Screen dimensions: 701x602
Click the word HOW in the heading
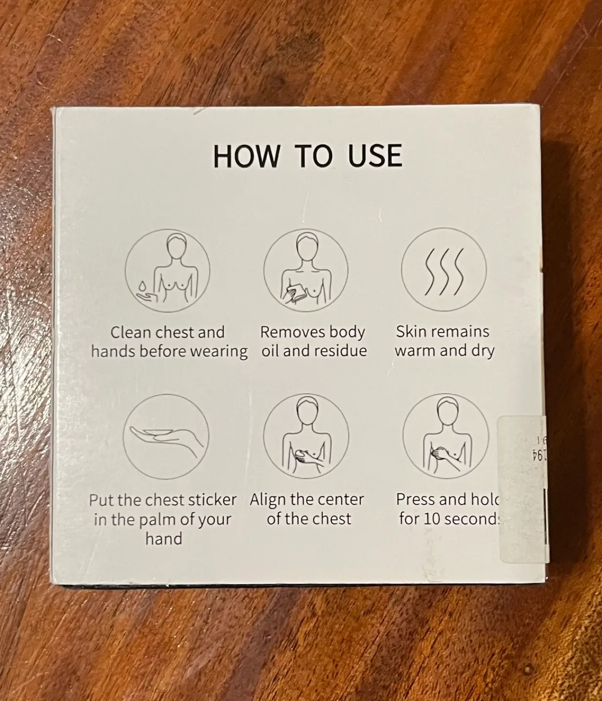pos(247,156)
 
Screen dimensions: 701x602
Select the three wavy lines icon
pos(443,271)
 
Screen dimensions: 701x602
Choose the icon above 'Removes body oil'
pos(306,271)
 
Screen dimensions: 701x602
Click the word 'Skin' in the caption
pos(411,332)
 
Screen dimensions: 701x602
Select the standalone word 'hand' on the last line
pos(164,539)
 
